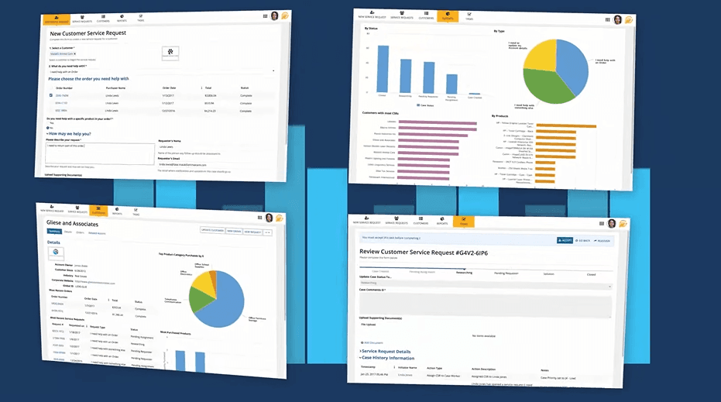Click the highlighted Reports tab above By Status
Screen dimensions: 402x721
point(448,16)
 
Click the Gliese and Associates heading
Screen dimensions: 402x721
point(77,223)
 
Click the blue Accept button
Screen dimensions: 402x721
point(565,240)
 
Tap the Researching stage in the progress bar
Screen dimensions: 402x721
point(465,273)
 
